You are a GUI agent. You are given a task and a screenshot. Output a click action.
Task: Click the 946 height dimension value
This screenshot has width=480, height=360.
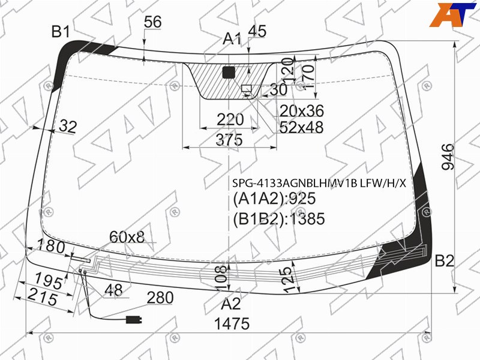click(x=448, y=157)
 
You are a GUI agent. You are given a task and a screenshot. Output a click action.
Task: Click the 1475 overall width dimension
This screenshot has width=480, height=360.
click(x=232, y=323)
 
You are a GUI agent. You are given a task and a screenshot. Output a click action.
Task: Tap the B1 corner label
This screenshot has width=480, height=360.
click(x=61, y=32)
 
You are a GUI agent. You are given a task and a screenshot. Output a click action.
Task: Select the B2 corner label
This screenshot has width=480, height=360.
click(x=445, y=261)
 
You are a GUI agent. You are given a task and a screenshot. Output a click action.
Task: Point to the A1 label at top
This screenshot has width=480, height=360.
click(x=232, y=39)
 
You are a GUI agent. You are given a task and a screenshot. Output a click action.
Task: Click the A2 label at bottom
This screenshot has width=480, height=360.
click(x=231, y=304)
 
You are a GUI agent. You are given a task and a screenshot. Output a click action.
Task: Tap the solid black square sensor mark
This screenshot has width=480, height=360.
click(x=229, y=72)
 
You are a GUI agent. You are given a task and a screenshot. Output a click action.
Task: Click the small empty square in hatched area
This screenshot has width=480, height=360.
click(x=247, y=89)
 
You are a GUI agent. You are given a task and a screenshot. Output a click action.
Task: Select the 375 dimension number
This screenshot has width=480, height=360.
click(x=229, y=140)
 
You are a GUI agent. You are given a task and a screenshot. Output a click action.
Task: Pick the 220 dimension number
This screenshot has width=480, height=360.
click(x=230, y=119)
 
